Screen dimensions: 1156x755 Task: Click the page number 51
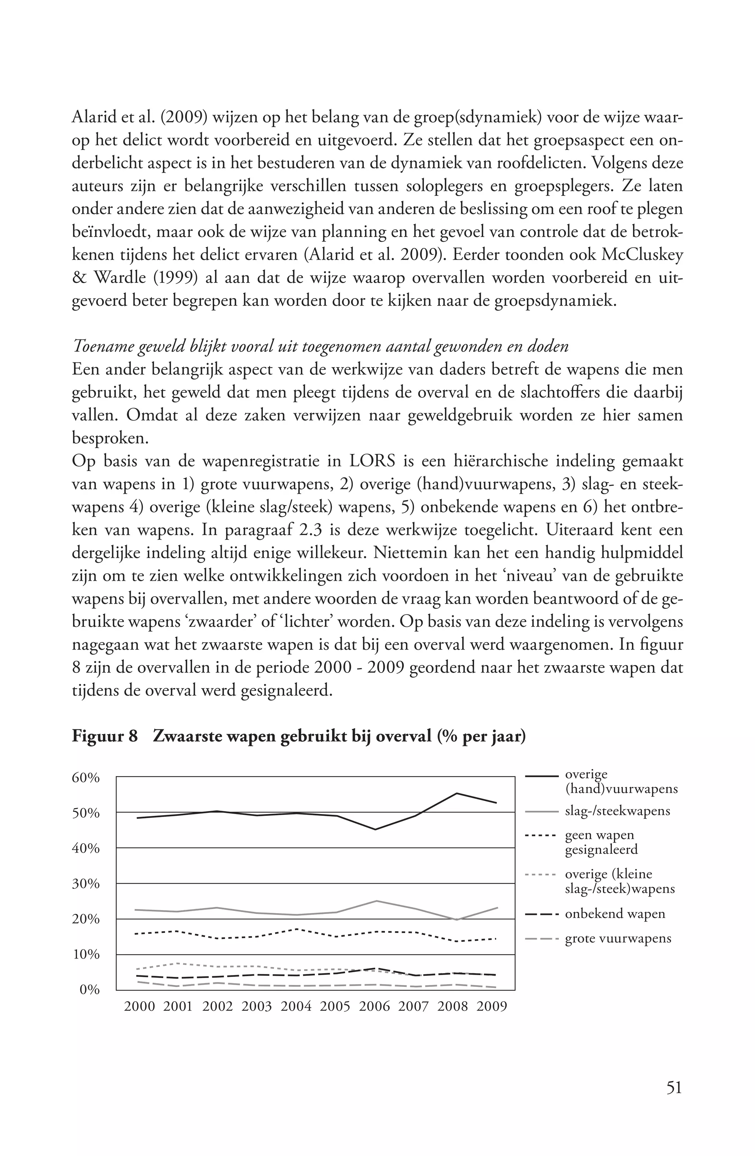pyautogui.click(x=674, y=1087)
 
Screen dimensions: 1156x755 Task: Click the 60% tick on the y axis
pyautogui.click(x=86, y=778)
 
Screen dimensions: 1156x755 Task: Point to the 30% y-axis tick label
pyautogui.click(x=86, y=884)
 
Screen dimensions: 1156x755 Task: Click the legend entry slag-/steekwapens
pyautogui.click(x=617, y=811)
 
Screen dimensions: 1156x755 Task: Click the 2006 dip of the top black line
pyautogui.click(x=376, y=829)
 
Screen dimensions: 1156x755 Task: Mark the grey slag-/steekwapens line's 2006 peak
pyautogui.click(x=376, y=901)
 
